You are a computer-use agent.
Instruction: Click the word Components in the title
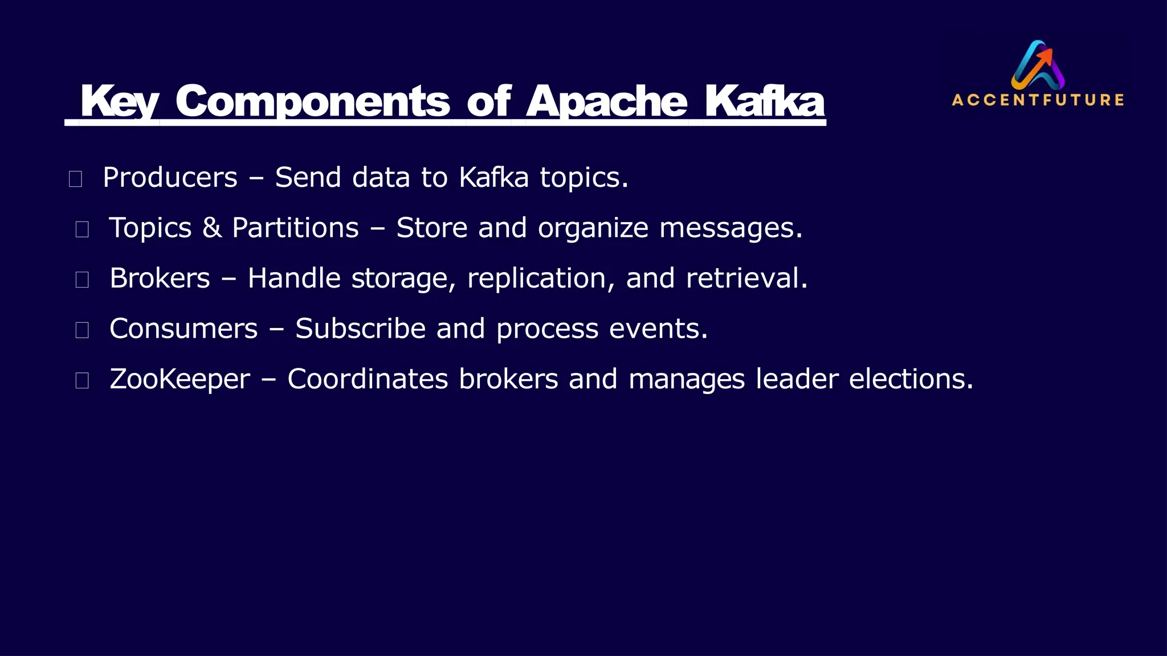(312, 101)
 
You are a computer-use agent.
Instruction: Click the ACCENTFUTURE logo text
(1038, 100)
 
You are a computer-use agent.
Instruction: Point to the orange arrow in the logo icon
(1044, 57)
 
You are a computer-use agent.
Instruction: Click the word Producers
(170, 178)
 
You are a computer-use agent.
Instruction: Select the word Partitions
(295, 228)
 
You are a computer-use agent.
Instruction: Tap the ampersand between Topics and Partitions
(212, 228)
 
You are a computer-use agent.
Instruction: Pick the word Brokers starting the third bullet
(160, 278)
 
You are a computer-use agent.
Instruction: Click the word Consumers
(183, 329)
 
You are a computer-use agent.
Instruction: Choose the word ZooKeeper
(179, 379)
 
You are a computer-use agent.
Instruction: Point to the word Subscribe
(360, 329)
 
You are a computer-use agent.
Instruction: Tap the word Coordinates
(368, 379)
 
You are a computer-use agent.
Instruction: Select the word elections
(911, 379)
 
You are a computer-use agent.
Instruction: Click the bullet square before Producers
(75, 179)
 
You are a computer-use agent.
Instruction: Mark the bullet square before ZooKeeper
(82, 380)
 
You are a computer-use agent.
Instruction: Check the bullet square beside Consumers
(82, 330)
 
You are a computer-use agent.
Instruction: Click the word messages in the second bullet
(731, 229)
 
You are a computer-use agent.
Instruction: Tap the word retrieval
(746, 278)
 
